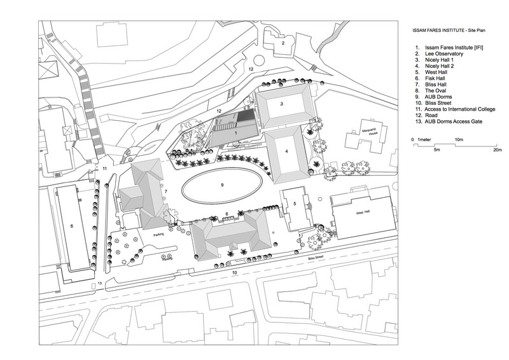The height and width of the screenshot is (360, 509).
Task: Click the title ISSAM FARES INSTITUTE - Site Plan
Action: pos(442,31)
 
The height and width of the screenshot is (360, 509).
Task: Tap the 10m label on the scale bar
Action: pos(457,139)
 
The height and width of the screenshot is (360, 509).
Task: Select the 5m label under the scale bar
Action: pos(437,151)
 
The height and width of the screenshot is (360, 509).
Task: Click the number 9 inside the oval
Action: pos(222,184)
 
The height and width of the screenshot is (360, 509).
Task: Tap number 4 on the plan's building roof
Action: pos(287,151)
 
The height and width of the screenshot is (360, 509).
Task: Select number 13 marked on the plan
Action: pos(99,284)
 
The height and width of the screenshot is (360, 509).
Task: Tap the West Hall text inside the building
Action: pos(363,212)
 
